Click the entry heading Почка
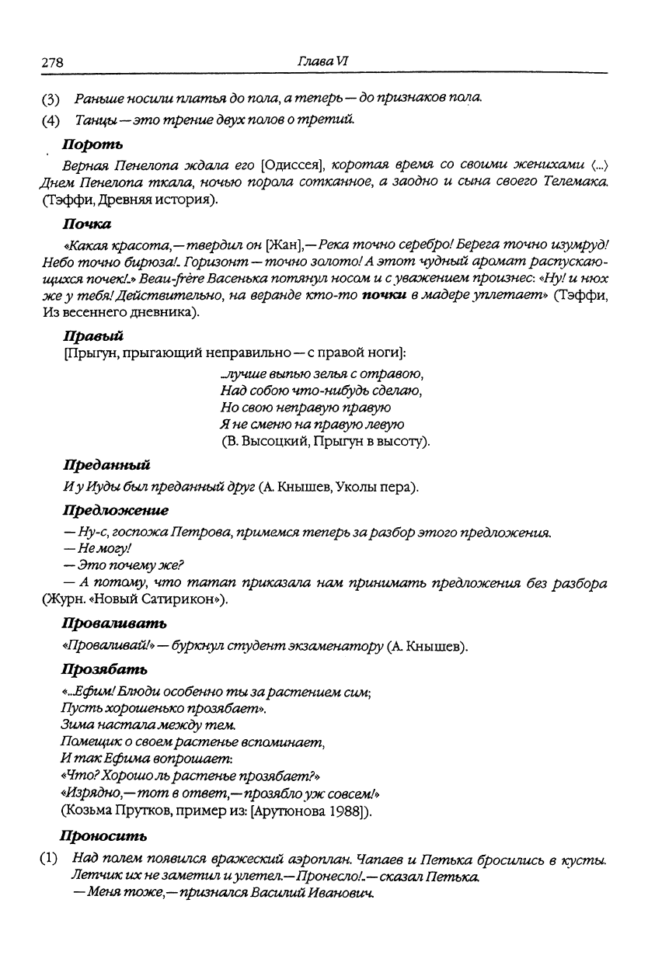click(x=86, y=224)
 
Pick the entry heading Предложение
click(x=114, y=511)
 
